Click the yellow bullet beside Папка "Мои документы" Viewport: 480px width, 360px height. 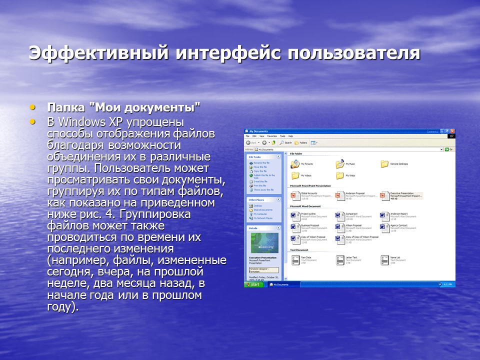coord(33,106)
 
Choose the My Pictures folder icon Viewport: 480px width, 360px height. coord(295,163)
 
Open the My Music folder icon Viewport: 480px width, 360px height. coord(340,163)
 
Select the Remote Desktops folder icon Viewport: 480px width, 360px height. coord(384,163)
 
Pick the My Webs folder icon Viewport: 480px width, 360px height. coord(340,175)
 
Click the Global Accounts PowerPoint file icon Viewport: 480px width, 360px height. coord(295,194)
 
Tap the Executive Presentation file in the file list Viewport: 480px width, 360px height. coord(384,194)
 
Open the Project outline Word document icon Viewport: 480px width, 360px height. coord(295,215)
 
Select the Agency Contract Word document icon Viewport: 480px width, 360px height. coord(384,227)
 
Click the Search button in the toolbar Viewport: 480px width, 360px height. coord(285,142)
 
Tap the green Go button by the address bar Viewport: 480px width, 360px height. coord(450,149)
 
